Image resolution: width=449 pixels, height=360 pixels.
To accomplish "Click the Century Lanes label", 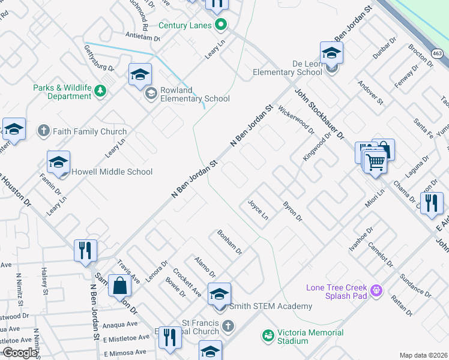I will (x=185, y=25).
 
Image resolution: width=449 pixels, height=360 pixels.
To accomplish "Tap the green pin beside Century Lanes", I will (x=221, y=25).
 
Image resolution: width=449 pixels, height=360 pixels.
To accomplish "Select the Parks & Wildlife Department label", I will (x=62, y=92).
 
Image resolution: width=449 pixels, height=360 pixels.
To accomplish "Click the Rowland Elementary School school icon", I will (x=140, y=74).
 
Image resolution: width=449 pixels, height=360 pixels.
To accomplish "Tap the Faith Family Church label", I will (x=89, y=131).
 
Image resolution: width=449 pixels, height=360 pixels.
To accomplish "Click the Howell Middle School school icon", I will (x=59, y=161).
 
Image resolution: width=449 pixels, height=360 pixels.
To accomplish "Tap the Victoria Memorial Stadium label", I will (x=310, y=337).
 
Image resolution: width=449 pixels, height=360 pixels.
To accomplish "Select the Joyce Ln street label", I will (x=258, y=210).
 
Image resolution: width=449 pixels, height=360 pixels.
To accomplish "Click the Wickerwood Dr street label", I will (x=297, y=121).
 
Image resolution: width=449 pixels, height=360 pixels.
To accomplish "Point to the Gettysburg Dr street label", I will (x=100, y=58).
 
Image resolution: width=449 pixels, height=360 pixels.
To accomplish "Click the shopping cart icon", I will (x=375, y=161).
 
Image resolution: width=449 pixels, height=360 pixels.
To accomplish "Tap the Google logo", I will (x=20, y=353).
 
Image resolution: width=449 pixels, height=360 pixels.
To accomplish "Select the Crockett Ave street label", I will (x=187, y=282).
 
